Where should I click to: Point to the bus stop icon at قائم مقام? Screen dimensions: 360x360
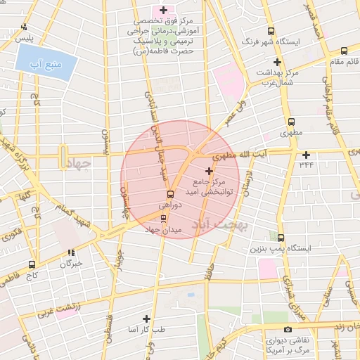pyautogui.click(x=344, y=51)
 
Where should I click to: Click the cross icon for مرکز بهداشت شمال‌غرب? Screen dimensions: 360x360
pyautogui.click(x=278, y=63)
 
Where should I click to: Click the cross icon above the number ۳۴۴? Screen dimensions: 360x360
pyautogui.click(x=306, y=155)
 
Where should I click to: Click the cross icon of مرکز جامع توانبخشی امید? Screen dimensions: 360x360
pyautogui.click(x=209, y=171)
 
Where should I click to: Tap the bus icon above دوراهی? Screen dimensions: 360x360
pyautogui.click(x=170, y=194)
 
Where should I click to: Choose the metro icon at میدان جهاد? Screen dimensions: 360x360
pyautogui.click(x=164, y=217)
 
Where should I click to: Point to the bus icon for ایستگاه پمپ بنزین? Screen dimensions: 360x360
pyautogui.click(x=281, y=238)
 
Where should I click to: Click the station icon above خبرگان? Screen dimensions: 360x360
pyautogui.click(x=71, y=252)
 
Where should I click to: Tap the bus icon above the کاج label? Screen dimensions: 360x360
pyautogui.click(x=32, y=265)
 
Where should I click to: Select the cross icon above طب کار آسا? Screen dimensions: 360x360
pyautogui.click(x=146, y=319)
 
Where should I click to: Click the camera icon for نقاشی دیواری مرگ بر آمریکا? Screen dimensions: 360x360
pyautogui.click(x=288, y=330)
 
